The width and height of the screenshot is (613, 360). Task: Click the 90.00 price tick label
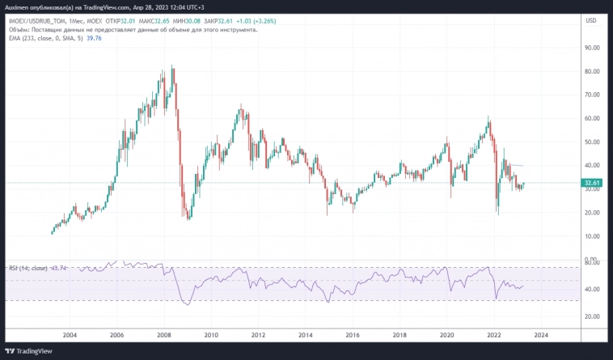pyautogui.click(x=592, y=48)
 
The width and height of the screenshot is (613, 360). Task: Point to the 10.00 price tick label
pyautogui.click(x=592, y=236)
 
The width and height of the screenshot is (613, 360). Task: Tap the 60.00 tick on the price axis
pyautogui.click(x=592, y=118)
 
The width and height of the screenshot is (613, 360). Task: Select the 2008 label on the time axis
pyautogui.click(x=164, y=334)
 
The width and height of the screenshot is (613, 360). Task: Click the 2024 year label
pyautogui.click(x=541, y=334)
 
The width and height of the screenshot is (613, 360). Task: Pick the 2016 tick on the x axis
pyautogui.click(x=353, y=334)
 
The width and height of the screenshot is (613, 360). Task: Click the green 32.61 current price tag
pyautogui.click(x=592, y=183)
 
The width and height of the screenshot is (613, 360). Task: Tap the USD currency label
pyautogui.click(x=591, y=21)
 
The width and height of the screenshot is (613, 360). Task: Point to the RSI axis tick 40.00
pyautogui.click(x=592, y=289)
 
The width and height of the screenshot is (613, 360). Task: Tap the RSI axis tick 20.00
pyautogui.click(x=592, y=316)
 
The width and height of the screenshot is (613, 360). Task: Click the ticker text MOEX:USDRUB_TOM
pyautogui.click(x=36, y=21)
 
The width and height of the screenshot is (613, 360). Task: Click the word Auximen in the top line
pyautogui.click(x=16, y=6)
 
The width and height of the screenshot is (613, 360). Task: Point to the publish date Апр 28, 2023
pyautogui.click(x=154, y=6)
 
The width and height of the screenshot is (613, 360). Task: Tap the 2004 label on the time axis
pyautogui.click(x=70, y=334)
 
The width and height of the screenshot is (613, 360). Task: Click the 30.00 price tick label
pyautogui.click(x=592, y=213)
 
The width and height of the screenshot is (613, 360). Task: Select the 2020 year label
pyautogui.click(x=446, y=334)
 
